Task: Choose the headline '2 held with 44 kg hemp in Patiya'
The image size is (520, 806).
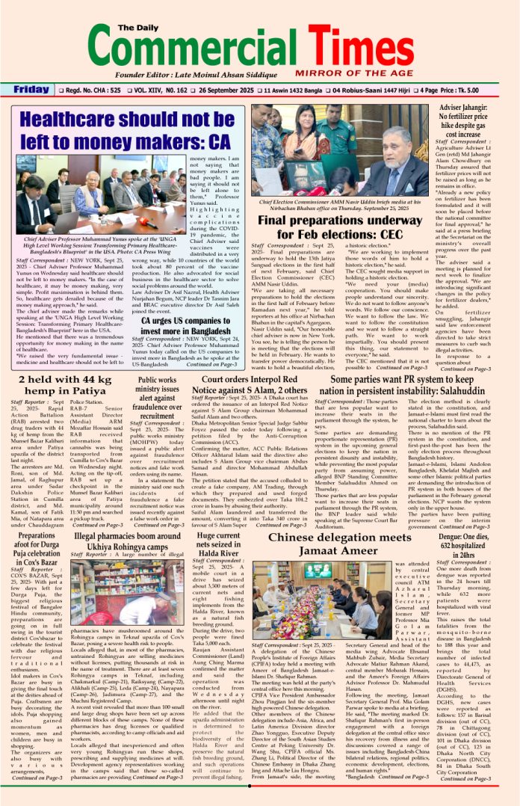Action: pyautogui.click(x=66, y=391)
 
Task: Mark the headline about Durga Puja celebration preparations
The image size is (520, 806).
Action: pyautogui.click(x=35, y=550)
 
